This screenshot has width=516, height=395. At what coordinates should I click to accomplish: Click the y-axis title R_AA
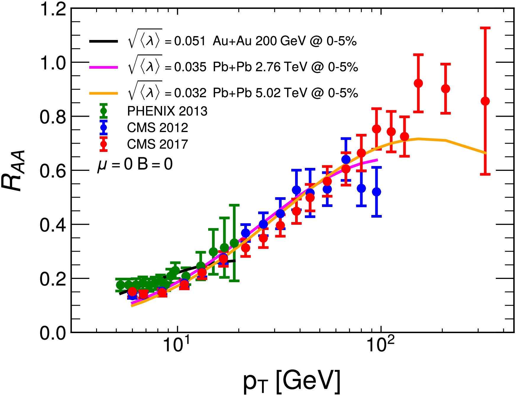pos(13,171)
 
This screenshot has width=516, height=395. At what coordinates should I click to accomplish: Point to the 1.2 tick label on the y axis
pos(53,9)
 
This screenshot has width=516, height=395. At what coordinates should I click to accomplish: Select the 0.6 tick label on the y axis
pos(53,171)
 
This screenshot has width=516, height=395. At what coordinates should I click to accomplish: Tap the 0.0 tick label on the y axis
pos(53,333)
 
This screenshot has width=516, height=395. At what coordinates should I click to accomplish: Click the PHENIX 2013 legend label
pos(167,111)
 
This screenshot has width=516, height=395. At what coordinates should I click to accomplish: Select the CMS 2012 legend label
pos(157,128)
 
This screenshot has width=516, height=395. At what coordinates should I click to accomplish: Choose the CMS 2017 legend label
pos(157,144)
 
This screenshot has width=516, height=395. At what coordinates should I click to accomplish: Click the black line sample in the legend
pos(103,41)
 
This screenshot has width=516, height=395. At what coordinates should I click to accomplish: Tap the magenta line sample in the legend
pos(103,67)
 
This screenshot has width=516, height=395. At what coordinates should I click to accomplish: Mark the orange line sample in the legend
pos(103,93)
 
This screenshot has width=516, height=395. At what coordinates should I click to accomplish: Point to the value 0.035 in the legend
pos(190,67)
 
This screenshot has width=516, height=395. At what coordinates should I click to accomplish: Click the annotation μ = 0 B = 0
pos(135,164)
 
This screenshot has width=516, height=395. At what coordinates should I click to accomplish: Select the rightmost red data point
pos(485,101)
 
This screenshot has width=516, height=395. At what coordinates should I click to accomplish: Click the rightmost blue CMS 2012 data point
pos(376,192)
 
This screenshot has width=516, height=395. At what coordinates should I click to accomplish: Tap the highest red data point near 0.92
pos(418,84)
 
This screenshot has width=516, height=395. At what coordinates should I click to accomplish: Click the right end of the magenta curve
pos(377,160)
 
